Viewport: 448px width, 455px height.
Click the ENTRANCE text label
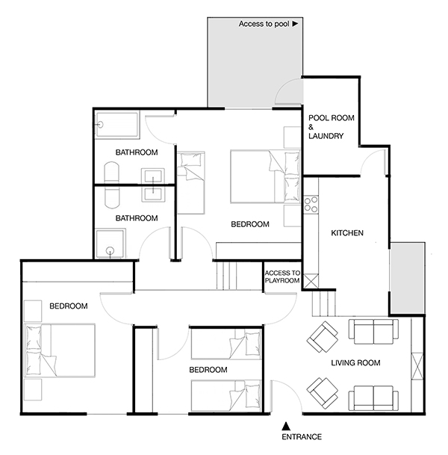tap(302, 437)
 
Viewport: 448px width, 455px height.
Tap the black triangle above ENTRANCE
tap(286, 426)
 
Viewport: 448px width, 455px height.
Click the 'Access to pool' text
tap(264, 24)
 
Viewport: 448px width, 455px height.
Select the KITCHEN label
tap(347, 232)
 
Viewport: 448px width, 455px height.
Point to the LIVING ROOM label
tap(355, 362)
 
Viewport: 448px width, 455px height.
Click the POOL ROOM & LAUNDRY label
tap(331, 127)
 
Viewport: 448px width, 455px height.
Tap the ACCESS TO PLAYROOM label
tap(282, 277)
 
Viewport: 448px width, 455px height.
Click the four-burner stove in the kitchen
tap(311, 205)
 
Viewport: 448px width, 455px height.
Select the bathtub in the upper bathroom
tap(117, 125)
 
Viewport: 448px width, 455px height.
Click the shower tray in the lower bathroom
tap(111, 243)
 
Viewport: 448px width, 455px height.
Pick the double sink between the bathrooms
tap(153, 185)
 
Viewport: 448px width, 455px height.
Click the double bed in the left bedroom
tap(60, 350)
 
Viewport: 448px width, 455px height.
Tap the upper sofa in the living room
tap(373, 332)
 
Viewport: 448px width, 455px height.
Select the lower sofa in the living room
tap(373, 398)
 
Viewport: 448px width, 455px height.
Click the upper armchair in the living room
tap(323, 337)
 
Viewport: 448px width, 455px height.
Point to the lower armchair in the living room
tap(323, 393)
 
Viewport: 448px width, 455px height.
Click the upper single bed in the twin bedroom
tap(226, 344)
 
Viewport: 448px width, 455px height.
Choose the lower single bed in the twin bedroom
tap(226, 396)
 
